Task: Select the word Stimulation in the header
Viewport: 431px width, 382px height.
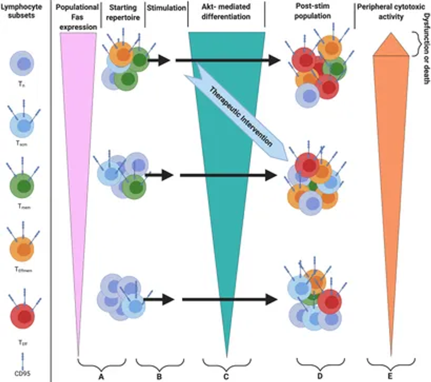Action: (168, 9)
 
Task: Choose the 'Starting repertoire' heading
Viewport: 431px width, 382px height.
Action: (122, 13)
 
